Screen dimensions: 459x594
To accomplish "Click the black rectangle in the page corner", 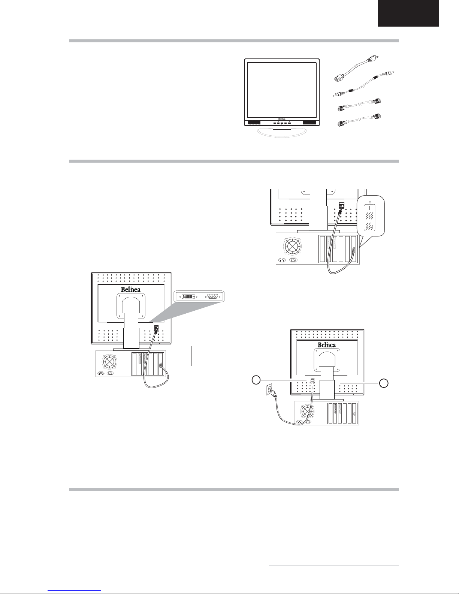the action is tap(408, 13).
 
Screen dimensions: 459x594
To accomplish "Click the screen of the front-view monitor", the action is tap(282, 90).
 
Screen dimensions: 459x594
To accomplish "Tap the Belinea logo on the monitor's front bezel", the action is tap(282, 119).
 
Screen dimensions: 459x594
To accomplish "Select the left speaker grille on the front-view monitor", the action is tap(255, 123).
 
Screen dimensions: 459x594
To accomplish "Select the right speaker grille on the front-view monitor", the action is tap(309, 123).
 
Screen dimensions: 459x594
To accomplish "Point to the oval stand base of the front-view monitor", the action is tap(282, 133).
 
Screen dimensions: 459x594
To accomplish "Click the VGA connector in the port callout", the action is tap(213, 296).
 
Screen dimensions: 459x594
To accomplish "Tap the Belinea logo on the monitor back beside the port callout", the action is tap(131, 289).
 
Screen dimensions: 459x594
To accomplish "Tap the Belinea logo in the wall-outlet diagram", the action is tap(327, 345).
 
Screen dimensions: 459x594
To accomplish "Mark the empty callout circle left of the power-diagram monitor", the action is tap(256, 380).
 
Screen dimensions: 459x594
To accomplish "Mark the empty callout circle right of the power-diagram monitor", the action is tap(384, 383).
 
